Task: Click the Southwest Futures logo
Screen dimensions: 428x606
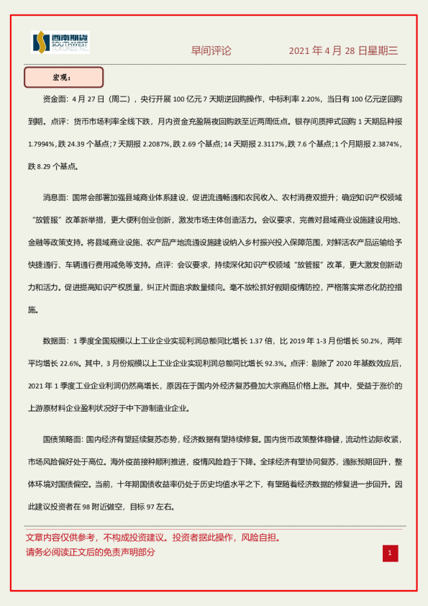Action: click(60, 43)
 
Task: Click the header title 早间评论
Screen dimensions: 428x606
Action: click(211, 51)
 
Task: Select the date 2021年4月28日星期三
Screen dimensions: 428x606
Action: click(343, 51)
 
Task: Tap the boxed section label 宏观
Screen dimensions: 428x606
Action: click(64, 77)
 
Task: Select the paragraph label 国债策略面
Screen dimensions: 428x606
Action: click(64, 438)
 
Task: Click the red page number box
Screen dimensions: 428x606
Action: click(389, 553)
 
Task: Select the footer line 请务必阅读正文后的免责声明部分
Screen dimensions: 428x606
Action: click(91, 553)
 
